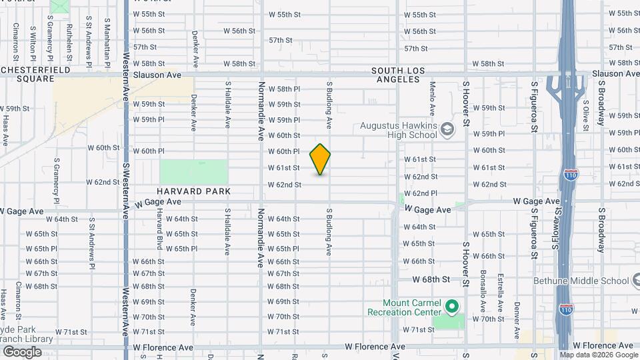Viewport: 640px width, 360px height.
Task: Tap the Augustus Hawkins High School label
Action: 399,130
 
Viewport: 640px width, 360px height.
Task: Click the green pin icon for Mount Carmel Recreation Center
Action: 452,307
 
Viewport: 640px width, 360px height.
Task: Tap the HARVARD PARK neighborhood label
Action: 195,191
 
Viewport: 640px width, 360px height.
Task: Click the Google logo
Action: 22,351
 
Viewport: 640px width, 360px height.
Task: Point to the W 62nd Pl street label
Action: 420,193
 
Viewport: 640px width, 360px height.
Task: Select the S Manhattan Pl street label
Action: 106,40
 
